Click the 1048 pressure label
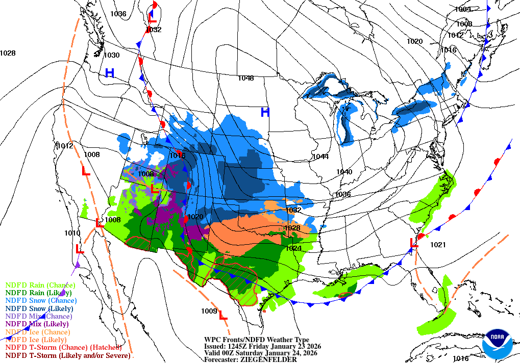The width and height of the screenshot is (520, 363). click(x=245, y=78)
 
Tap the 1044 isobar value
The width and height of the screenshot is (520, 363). click(x=321, y=157)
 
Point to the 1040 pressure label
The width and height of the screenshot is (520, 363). click(x=344, y=172)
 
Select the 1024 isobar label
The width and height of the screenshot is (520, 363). click(x=293, y=248)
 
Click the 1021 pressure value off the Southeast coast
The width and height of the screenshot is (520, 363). click(x=437, y=245)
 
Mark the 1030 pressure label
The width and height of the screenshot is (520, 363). click(x=112, y=55)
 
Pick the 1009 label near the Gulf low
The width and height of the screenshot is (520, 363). click(x=209, y=311)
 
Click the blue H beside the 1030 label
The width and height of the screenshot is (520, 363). click(x=109, y=73)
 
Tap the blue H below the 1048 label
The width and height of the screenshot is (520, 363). click(x=265, y=112)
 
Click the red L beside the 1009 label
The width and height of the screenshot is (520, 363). click(x=222, y=316)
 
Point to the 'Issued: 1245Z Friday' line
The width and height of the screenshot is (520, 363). click(x=262, y=346)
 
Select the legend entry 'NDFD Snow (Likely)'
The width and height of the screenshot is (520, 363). click(x=39, y=308)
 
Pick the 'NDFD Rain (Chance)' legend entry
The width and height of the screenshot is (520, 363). click(x=40, y=285)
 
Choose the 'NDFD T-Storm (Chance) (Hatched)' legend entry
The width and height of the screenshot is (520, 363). click(x=64, y=347)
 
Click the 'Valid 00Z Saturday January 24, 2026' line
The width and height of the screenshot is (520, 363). click(x=260, y=353)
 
